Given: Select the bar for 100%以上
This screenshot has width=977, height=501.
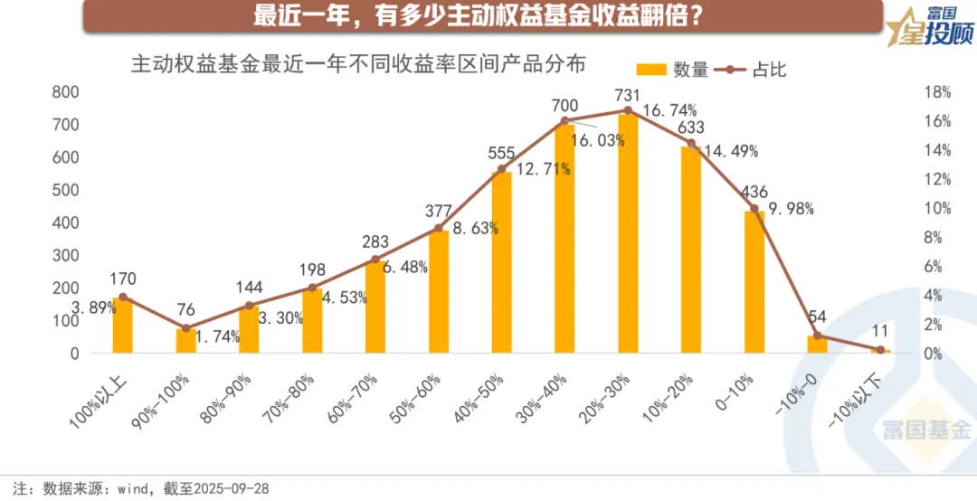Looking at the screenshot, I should click(x=123, y=326).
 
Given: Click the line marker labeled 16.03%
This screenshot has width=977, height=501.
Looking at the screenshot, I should click(x=564, y=120).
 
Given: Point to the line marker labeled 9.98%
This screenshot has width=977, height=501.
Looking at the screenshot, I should click(x=754, y=209).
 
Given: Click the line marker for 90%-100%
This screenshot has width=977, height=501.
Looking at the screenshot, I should click(x=186, y=328).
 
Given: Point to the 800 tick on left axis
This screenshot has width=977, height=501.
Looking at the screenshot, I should click(x=67, y=92).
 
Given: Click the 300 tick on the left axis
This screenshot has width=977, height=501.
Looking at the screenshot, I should click(x=67, y=255).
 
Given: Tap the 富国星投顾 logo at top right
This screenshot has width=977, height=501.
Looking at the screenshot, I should click(x=925, y=31).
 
